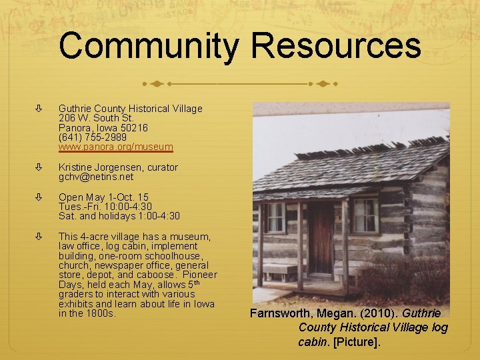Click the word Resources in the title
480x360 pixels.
[x=336, y=47]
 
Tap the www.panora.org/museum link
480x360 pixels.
[x=116, y=146]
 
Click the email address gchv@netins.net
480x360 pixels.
[x=96, y=177]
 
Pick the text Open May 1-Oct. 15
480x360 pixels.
[x=103, y=197]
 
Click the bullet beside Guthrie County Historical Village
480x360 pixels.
[x=39, y=108]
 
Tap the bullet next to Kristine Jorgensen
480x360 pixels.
[x=39, y=167]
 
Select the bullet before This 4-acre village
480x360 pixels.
[x=39, y=237]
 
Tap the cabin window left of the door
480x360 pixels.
[x=275, y=217]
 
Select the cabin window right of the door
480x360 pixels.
[x=365, y=215]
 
